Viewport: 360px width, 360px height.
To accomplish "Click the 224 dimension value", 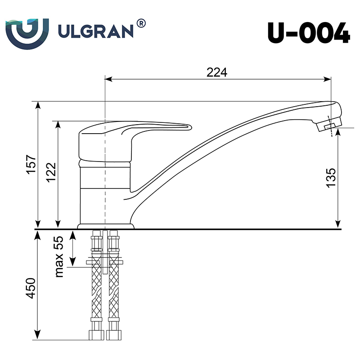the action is (217, 72).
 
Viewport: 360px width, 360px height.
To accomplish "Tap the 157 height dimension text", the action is (31, 165).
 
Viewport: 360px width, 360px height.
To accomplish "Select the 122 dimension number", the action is (51, 172).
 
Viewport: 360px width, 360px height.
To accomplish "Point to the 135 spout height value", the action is (331, 178).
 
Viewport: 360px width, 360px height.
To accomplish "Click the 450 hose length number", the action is (31, 288).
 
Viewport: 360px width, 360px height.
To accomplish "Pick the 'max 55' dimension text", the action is (59, 256).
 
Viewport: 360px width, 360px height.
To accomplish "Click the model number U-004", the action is (309, 32).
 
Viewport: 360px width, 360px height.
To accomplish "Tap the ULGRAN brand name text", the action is (96, 31).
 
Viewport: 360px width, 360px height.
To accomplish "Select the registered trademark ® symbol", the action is (141, 23).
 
